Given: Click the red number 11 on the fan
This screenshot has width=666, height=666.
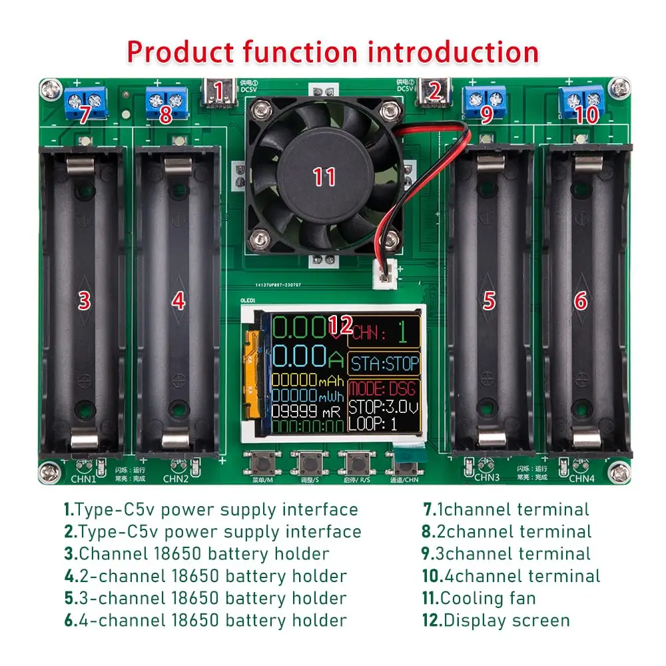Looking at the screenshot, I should click(x=324, y=176).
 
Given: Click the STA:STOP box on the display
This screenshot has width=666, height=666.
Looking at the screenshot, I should click(x=385, y=364).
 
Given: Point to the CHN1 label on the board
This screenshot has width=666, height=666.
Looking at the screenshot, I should click(x=84, y=478).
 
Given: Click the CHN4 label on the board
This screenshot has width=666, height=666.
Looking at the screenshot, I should click(x=581, y=478).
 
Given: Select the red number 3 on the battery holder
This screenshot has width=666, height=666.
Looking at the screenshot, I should click(x=84, y=301).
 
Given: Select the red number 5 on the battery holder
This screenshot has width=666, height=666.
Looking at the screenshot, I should click(x=490, y=301).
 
